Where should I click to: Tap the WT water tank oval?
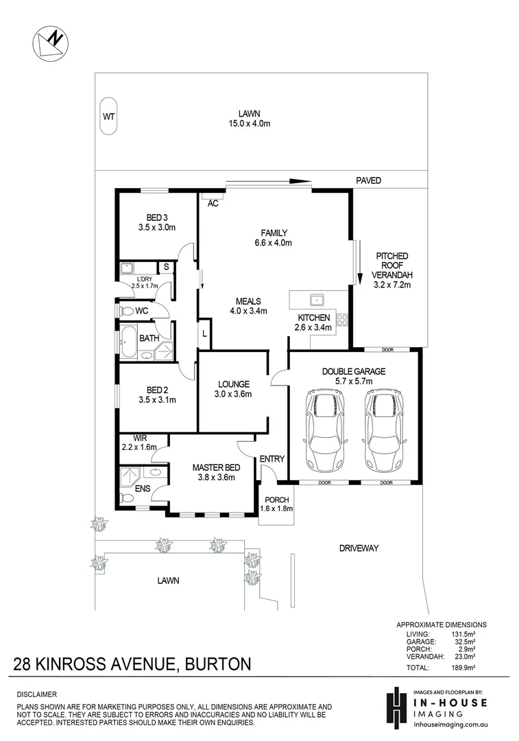tap(108, 116)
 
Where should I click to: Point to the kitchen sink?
tap(316, 299)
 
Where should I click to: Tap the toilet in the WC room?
tap(126, 311)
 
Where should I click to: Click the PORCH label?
tap(277, 499)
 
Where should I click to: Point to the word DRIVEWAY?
tap(359, 548)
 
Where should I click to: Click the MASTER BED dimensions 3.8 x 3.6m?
tap(214, 478)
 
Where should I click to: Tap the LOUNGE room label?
tap(234, 384)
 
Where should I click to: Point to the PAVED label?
tap(368, 180)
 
